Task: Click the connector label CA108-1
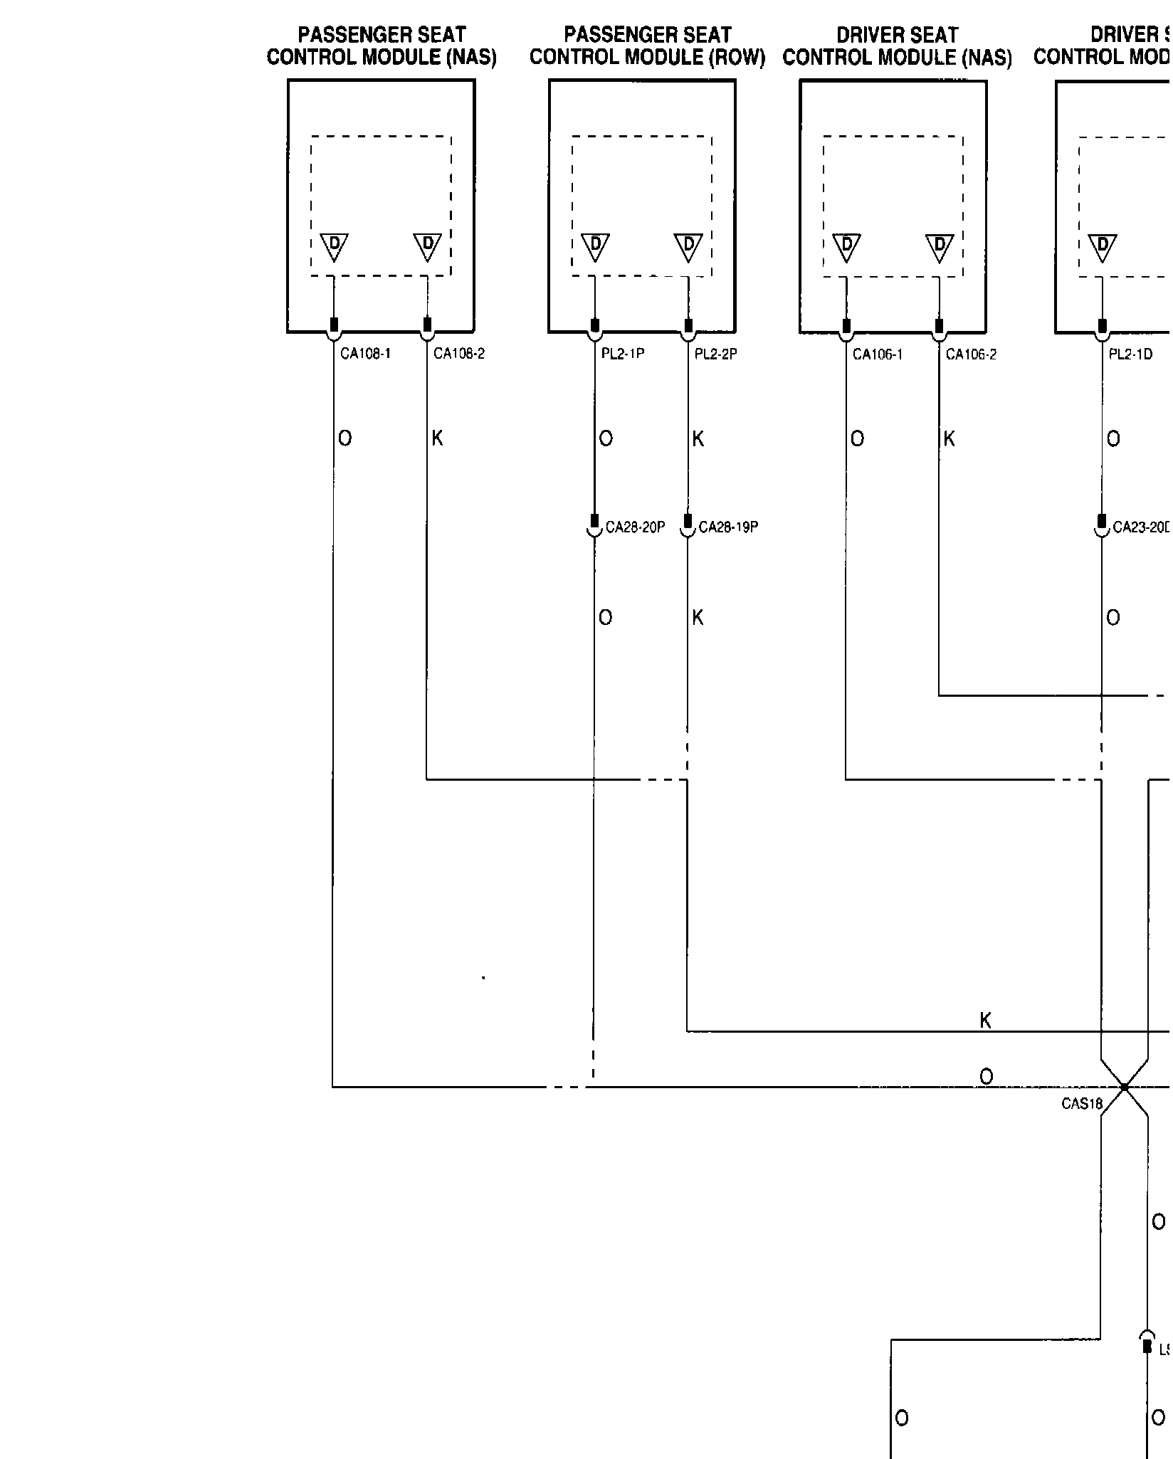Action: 365,354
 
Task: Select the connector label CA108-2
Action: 458,354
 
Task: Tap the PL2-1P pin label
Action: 623,354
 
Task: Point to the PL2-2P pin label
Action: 715,354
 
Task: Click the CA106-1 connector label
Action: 878,354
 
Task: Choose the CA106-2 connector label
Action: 971,354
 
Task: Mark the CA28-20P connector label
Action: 635,527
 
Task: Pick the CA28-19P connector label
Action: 728,527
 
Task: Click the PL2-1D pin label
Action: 1130,354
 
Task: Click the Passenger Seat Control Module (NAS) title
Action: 382,46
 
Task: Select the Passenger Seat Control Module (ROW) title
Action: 647,46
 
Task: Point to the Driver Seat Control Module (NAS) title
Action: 897,46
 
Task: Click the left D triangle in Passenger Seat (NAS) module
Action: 334,246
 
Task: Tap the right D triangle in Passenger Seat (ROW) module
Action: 688,246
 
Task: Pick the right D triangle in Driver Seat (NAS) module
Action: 940,246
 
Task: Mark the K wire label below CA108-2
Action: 437,438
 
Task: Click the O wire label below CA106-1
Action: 857,439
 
